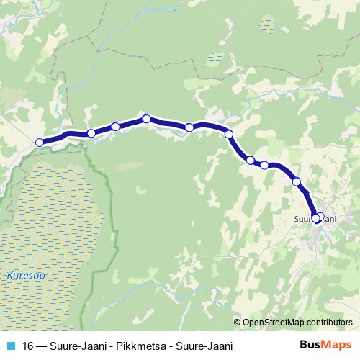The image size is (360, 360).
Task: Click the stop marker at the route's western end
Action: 40,142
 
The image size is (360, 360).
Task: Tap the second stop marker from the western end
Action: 91,133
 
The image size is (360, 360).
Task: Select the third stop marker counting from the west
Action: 115,127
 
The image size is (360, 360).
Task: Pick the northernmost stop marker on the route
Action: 145,119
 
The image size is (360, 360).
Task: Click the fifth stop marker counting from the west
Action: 189,127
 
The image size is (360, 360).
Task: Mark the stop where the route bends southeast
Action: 229,134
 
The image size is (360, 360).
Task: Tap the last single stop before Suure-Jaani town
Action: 297,181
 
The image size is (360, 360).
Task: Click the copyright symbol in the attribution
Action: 238,322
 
